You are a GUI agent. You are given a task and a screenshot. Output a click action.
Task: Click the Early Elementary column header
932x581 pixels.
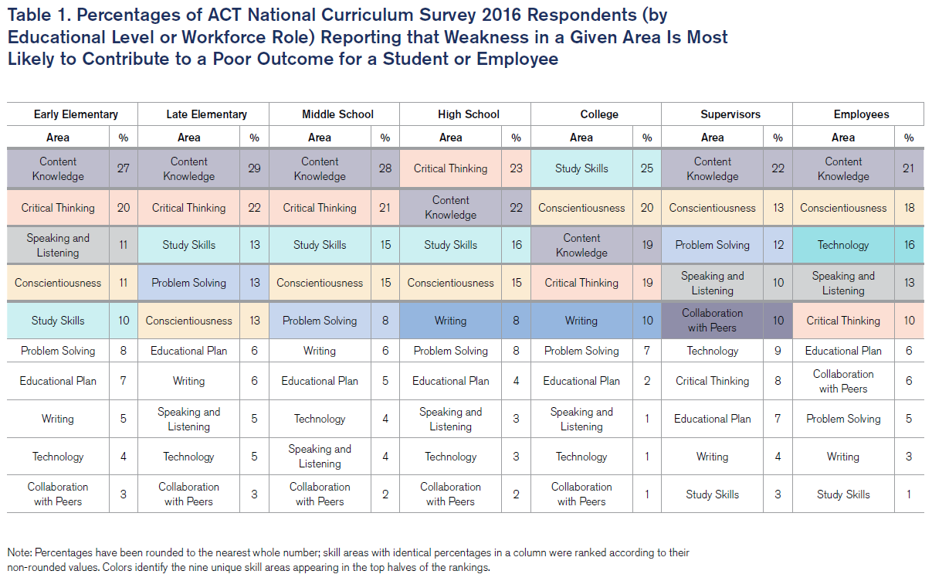[76, 114]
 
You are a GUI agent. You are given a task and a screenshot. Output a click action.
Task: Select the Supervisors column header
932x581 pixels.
[730, 114]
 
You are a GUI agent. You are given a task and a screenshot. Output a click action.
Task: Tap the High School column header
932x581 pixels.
[468, 114]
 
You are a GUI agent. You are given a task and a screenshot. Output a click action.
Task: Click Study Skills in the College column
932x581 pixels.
[581, 168]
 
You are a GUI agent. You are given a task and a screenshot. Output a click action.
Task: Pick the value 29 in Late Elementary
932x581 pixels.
[254, 168]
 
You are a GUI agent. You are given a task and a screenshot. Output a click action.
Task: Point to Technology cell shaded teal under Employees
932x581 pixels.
[842, 245]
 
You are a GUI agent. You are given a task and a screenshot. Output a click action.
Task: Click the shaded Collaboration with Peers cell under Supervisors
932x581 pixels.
[712, 321]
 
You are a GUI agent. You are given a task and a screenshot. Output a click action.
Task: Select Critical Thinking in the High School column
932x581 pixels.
[450, 168]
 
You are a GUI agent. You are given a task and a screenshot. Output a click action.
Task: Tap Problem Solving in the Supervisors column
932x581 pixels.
[712, 245]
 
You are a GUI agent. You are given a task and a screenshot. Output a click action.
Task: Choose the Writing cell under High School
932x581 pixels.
[450, 321]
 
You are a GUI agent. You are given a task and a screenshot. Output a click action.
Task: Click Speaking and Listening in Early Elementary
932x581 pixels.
[58, 245]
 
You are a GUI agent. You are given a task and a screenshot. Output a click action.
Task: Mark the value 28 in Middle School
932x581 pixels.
[385, 168]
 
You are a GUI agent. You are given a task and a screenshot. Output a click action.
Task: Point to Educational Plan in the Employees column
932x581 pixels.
[842, 351]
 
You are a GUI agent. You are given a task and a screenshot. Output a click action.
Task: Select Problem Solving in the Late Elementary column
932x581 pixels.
[188, 283]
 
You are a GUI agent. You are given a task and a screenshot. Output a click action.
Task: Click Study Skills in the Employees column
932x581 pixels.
[842, 494]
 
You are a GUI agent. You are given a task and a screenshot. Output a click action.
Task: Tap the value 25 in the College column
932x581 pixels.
[647, 168]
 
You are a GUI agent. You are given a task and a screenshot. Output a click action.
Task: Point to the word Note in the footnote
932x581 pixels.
[19, 553]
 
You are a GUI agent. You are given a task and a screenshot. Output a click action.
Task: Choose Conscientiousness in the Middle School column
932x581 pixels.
[320, 283]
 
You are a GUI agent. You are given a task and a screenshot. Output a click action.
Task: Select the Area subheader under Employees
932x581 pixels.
[842, 138]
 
